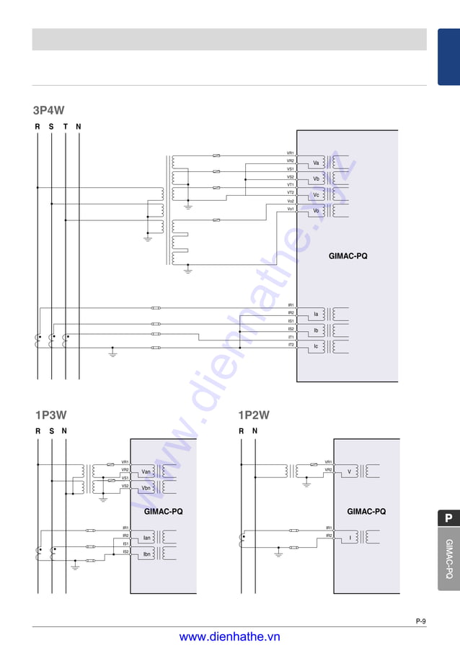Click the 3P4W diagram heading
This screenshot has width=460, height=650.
pos(48,110)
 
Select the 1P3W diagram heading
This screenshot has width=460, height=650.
pos(51,415)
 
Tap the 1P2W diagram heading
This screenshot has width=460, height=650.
pos(254,415)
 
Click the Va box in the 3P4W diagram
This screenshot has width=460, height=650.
pos(316,163)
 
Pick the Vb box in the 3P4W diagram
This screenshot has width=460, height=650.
pos(316,179)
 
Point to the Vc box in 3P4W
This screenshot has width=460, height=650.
pos(316,195)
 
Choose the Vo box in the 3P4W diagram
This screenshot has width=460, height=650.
pos(316,211)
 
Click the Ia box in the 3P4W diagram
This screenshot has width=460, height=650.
pos(316,315)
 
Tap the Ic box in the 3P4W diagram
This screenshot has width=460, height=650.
pos(316,346)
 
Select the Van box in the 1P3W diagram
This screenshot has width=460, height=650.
pos(146,471)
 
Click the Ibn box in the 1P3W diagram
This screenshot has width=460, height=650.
pos(146,554)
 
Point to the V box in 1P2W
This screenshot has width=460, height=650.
pos(350,471)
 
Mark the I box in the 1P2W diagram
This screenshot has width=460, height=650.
pos(350,538)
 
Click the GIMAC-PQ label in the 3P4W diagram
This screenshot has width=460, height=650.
pos(348,256)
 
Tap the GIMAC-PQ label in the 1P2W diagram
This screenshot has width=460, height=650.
pos(366,512)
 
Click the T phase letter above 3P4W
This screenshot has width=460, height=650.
pos(66,127)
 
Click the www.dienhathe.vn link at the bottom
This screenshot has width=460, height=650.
pos(229,637)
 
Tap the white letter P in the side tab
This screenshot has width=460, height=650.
pos(448,518)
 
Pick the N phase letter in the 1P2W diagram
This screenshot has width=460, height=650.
pos(255,431)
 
